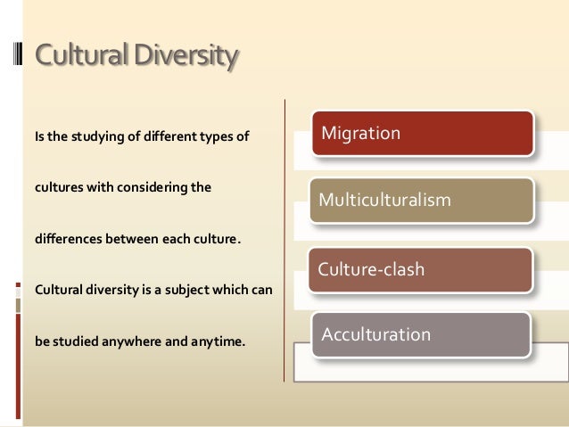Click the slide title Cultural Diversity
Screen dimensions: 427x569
pyautogui.click(x=136, y=56)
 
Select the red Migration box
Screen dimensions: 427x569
pyautogui.click(x=421, y=134)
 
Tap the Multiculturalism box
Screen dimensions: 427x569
pyautogui.click(x=421, y=200)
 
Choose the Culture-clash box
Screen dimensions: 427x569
pyautogui.click(x=420, y=269)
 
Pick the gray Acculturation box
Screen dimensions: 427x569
pyautogui.click(x=420, y=335)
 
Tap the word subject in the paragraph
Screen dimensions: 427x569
pyautogui.click(x=178, y=290)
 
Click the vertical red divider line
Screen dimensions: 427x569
pyautogui.click(x=284, y=241)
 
